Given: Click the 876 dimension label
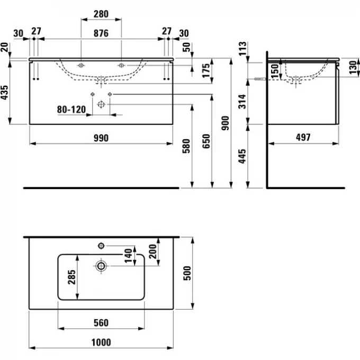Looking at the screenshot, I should pos(101,33).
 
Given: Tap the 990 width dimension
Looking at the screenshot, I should pos(101,138).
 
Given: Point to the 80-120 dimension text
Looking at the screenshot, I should pos(71,110).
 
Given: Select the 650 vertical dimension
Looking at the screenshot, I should pos(206,141).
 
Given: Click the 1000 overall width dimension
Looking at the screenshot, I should pos(101,342).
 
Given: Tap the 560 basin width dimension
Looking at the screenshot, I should pos(101,322).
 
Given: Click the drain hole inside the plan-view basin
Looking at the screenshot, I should pos(100,265).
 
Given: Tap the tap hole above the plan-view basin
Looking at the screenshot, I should pos(101,246).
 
